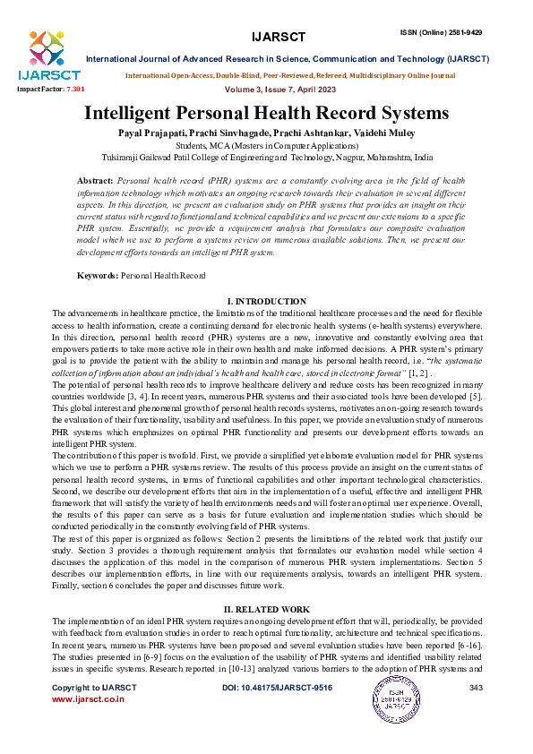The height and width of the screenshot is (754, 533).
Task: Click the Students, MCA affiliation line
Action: click(x=266, y=144)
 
